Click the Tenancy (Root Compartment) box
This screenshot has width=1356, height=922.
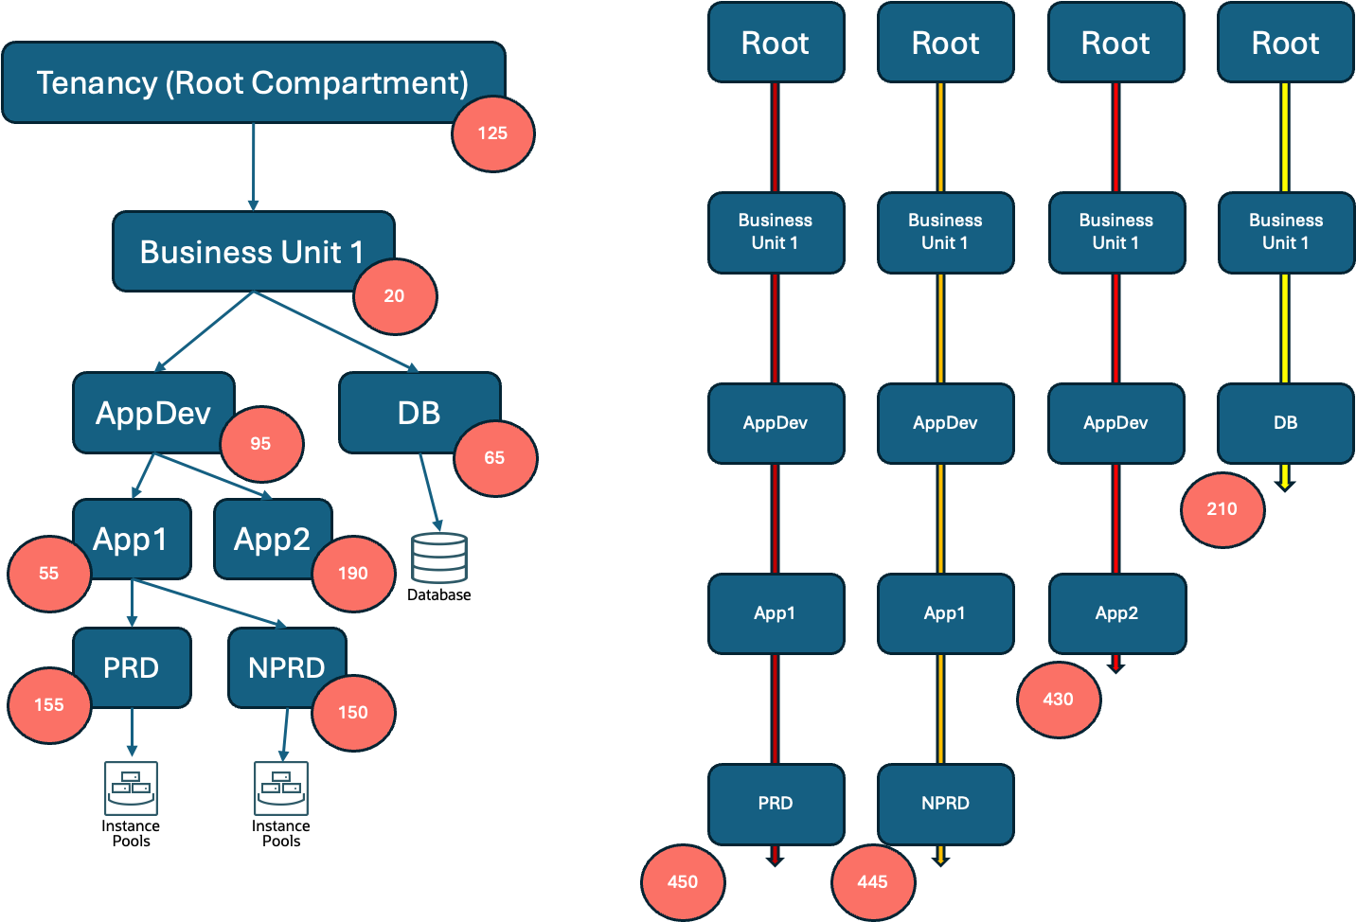point(253,82)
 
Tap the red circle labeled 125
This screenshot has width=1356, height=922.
point(492,133)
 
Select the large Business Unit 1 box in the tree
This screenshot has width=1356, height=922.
point(252,252)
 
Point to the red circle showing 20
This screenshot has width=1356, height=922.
point(395,295)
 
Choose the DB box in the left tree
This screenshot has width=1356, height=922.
point(419,413)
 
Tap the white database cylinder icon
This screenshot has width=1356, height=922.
point(439,558)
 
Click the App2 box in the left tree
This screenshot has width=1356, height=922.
point(272,539)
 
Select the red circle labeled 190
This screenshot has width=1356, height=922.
point(353,573)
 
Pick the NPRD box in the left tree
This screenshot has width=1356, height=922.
point(286,667)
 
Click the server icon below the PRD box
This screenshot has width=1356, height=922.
point(132,788)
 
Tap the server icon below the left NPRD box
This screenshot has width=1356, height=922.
point(281,788)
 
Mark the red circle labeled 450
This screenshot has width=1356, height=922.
point(683,881)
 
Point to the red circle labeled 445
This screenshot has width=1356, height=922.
point(873,881)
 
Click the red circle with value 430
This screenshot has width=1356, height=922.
point(1059,699)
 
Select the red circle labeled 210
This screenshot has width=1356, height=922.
point(1222,509)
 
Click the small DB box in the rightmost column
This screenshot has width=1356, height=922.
point(1285,423)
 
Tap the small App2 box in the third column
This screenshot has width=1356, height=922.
point(1116,613)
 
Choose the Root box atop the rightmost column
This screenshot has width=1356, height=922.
point(1285,43)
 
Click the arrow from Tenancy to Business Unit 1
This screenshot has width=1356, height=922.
point(253,166)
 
